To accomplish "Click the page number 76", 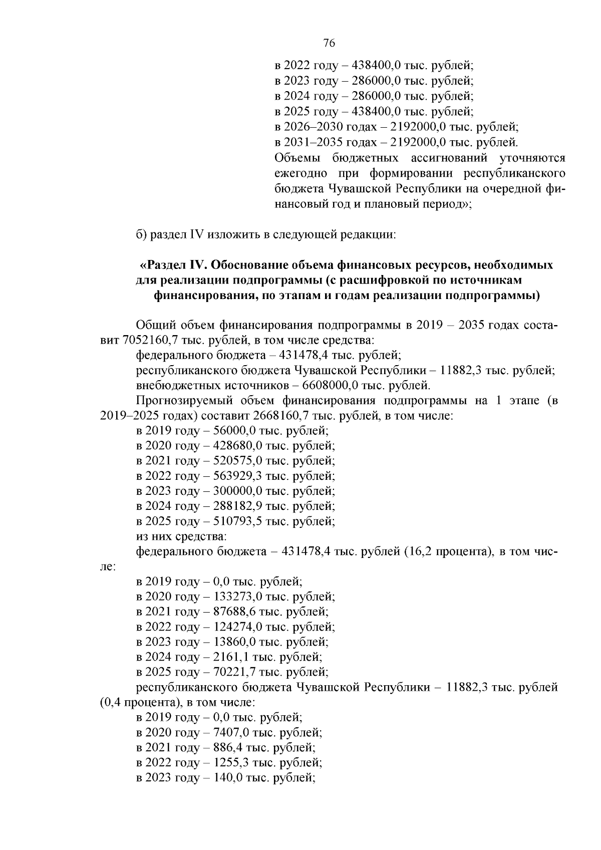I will (329, 43).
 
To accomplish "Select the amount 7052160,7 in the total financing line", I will (144, 341).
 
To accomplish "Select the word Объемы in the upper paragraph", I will (297, 158).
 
